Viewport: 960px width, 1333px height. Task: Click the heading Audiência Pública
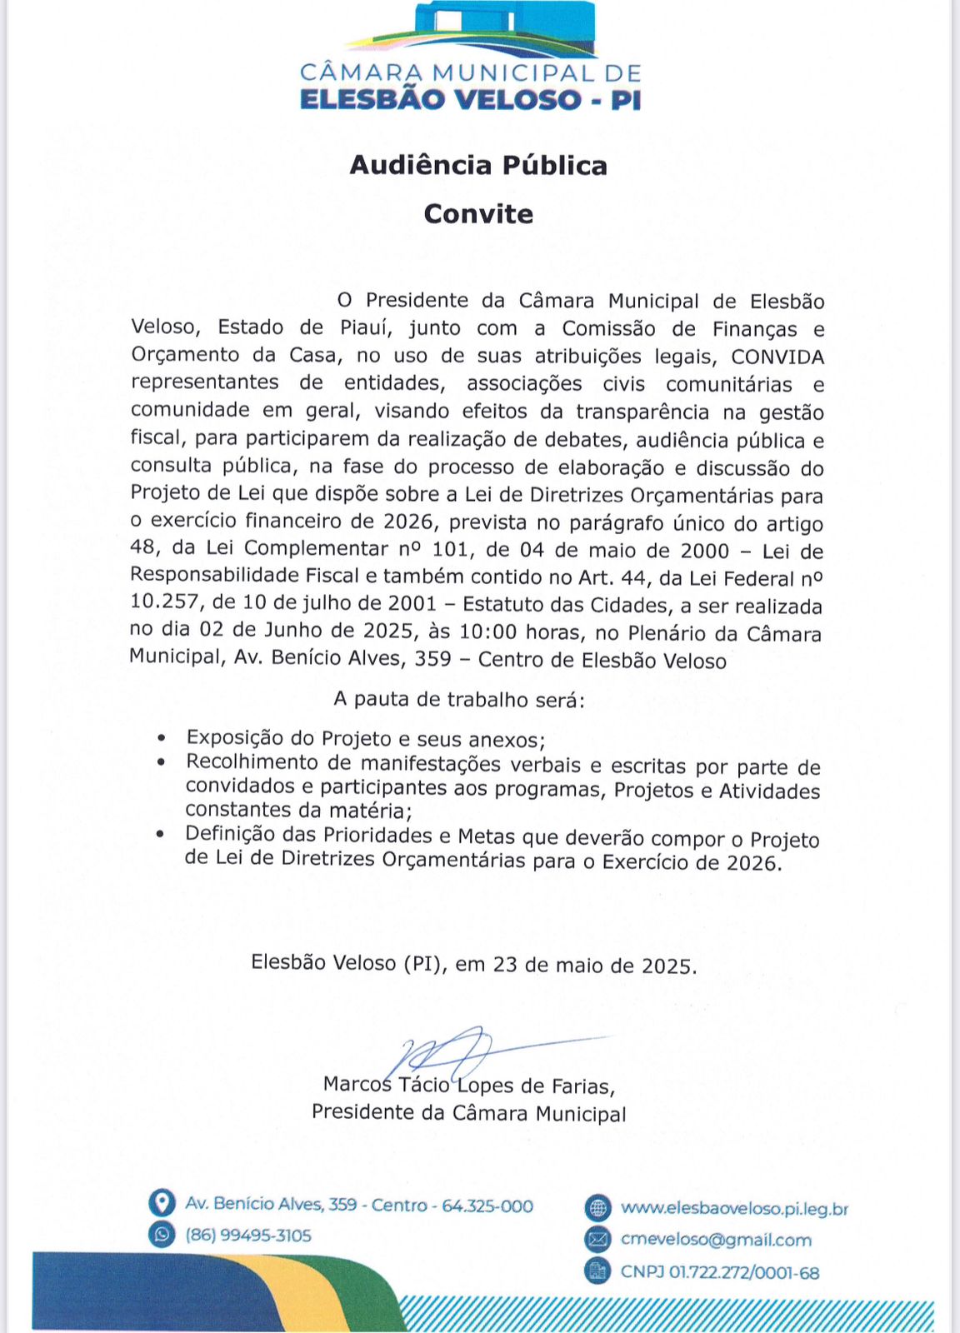pos(478,165)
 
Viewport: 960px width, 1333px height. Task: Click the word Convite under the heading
pos(478,214)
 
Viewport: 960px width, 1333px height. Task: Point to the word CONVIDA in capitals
pos(777,357)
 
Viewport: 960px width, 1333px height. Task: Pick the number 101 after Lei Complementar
pos(450,550)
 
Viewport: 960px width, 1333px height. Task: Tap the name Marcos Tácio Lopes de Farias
pos(468,1086)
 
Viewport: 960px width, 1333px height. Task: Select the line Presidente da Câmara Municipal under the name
pos(468,1113)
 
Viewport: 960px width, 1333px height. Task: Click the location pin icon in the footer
pos(162,1203)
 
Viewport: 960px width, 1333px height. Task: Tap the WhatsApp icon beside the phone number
pos(162,1234)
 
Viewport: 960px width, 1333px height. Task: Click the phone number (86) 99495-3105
pos(248,1235)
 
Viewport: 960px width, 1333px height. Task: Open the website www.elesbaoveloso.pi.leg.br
pos(734,1208)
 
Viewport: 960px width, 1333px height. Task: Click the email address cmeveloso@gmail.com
pos(716,1240)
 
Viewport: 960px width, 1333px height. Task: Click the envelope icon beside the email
pos(597,1240)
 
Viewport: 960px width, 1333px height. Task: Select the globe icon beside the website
pos(597,1208)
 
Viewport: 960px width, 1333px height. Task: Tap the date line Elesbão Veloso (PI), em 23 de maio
pos(473,964)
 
